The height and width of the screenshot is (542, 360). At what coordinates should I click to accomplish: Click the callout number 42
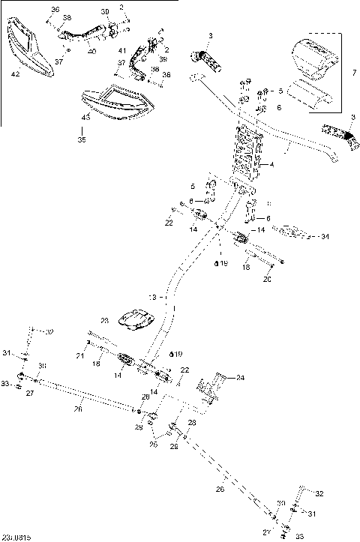pos(15,75)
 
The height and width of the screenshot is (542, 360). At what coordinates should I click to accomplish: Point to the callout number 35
pos(82,138)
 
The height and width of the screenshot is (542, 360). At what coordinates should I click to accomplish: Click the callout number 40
pos(91,51)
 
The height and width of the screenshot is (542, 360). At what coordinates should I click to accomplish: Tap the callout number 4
pos(271,164)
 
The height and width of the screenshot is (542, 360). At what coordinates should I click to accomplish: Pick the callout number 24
pos(240,377)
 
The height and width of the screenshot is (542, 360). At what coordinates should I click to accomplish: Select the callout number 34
pos(324,237)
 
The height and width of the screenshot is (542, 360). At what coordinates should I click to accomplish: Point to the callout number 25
pos(153,444)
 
